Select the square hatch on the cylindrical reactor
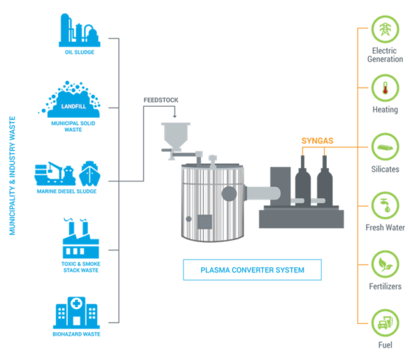205,222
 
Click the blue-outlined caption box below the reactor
252,269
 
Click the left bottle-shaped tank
302,179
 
